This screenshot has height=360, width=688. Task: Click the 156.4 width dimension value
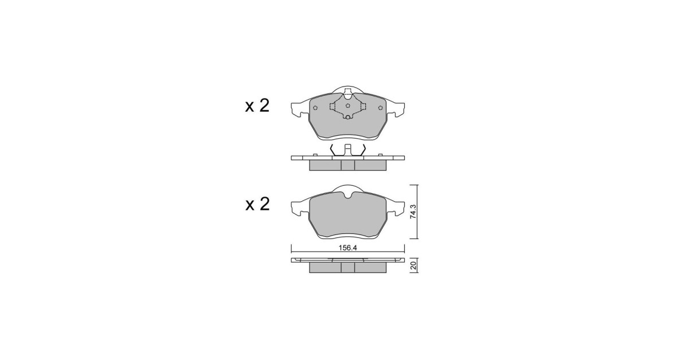tap(347, 248)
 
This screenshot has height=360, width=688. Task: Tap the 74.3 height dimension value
tap(413, 212)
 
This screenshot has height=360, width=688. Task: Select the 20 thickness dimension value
tap(414, 265)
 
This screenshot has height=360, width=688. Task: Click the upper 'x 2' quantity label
tap(257, 105)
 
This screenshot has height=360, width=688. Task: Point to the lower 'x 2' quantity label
tap(257, 205)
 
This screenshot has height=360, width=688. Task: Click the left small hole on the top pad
tap(315, 108)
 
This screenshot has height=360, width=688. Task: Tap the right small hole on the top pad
tap(381, 108)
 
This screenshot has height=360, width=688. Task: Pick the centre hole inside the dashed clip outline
tap(347, 106)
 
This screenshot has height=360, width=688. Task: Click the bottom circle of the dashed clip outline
tap(347, 117)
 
